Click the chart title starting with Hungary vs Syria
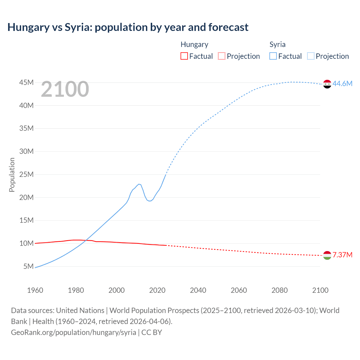[128, 27]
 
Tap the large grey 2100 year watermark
[65, 89]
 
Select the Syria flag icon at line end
[327, 84]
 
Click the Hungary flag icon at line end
[327, 255]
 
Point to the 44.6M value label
[342, 84]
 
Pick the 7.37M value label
[342, 255]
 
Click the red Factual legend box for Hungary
[184, 56]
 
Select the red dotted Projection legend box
[222, 56]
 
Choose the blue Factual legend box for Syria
[273, 56]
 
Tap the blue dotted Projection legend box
[310, 56]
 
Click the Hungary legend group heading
[194, 44]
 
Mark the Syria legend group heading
[277, 44]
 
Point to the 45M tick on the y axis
[26, 82]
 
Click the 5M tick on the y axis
[28, 266]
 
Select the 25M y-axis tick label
[26, 174]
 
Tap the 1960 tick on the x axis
[35, 290]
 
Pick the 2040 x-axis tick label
[198, 290]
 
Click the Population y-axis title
[12, 175]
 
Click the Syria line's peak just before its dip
[139, 184]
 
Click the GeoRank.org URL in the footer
[74, 332]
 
